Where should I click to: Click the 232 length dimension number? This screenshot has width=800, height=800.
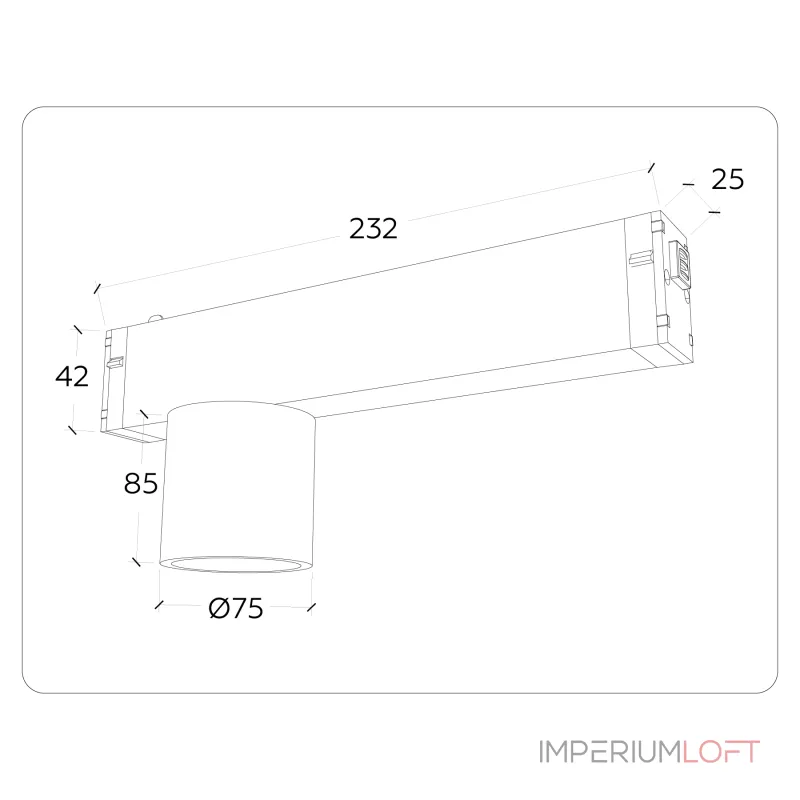tap(373, 229)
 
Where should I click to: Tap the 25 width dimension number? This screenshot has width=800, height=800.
tap(728, 179)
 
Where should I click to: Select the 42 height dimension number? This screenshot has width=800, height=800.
tap(72, 376)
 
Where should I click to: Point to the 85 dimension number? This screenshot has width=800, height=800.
tap(141, 483)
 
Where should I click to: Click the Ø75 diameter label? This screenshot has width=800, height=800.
tap(236, 608)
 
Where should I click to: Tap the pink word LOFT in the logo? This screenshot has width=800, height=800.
tap(721, 752)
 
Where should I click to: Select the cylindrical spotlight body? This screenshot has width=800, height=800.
tap(237, 485)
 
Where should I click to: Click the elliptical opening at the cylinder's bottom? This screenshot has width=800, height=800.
tap(235, 563)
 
